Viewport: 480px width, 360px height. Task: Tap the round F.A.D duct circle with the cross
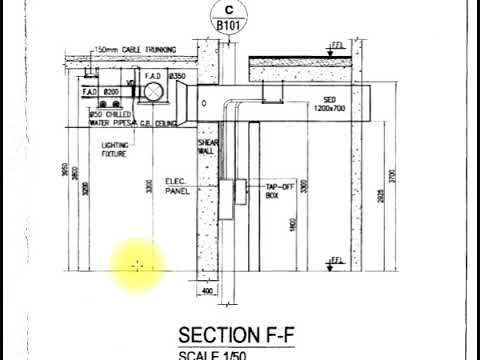coord(157,91)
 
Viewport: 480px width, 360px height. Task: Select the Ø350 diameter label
coord(179,76)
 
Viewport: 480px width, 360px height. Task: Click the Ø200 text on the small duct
coord(111,92)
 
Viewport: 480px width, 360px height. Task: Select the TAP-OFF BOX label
coord(277,191)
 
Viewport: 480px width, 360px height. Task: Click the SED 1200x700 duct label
coord(335,104)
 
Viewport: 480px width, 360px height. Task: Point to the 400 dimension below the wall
coord(208,291)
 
